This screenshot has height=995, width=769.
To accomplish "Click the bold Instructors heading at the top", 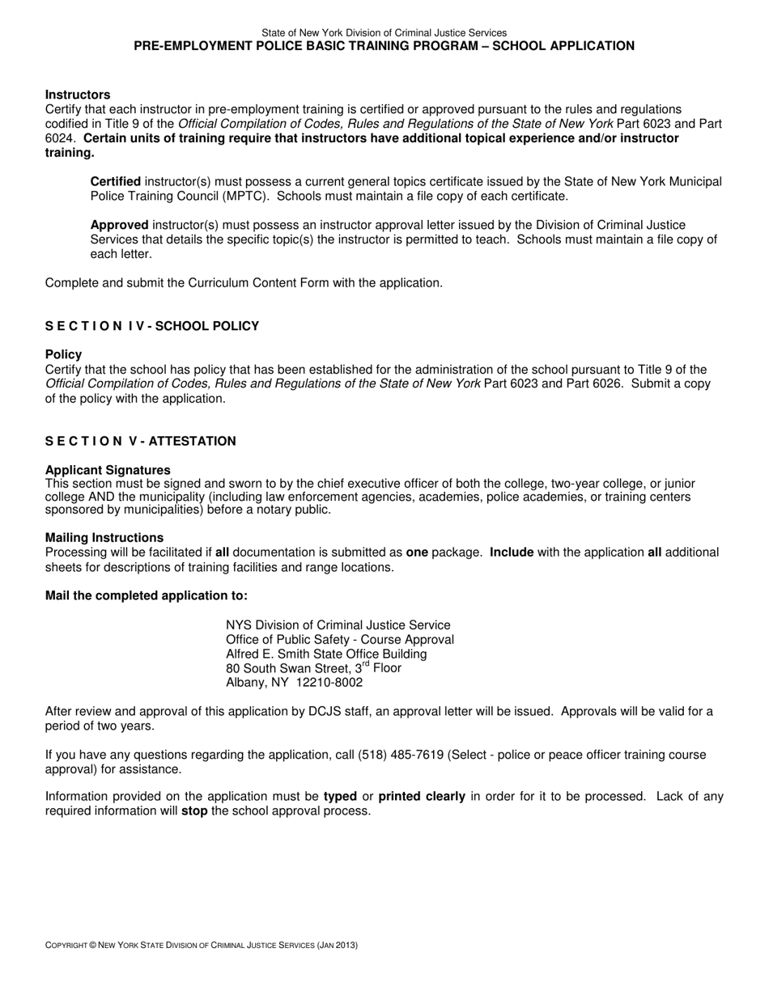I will [78, 95].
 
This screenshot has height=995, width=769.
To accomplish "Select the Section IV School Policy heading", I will [152, 326].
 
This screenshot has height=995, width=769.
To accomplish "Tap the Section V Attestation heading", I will [141, 441].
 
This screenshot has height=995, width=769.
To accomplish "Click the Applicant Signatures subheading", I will [108, 470].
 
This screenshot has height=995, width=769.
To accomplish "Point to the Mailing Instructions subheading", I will [104, 538].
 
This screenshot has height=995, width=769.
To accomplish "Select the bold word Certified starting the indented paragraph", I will [115, 182].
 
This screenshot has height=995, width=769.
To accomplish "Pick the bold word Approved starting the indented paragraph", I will [119, 225].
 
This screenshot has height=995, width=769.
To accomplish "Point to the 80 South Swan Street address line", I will [313, 668].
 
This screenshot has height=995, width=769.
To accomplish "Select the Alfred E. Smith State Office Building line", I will [326, 654].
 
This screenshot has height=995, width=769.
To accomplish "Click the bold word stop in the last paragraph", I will [194, 811].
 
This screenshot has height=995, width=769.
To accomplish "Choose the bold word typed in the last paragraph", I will [340, 796].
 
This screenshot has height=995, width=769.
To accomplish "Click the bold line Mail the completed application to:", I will [147, 596].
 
